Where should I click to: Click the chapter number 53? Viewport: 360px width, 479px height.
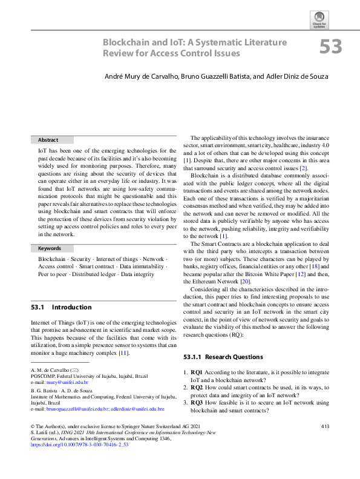coord(330,47)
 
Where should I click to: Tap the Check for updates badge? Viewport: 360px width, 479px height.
coord(319,19)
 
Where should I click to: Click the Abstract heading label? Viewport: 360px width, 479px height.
coord(48,140)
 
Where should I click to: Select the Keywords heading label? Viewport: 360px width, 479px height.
coord(50,248)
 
